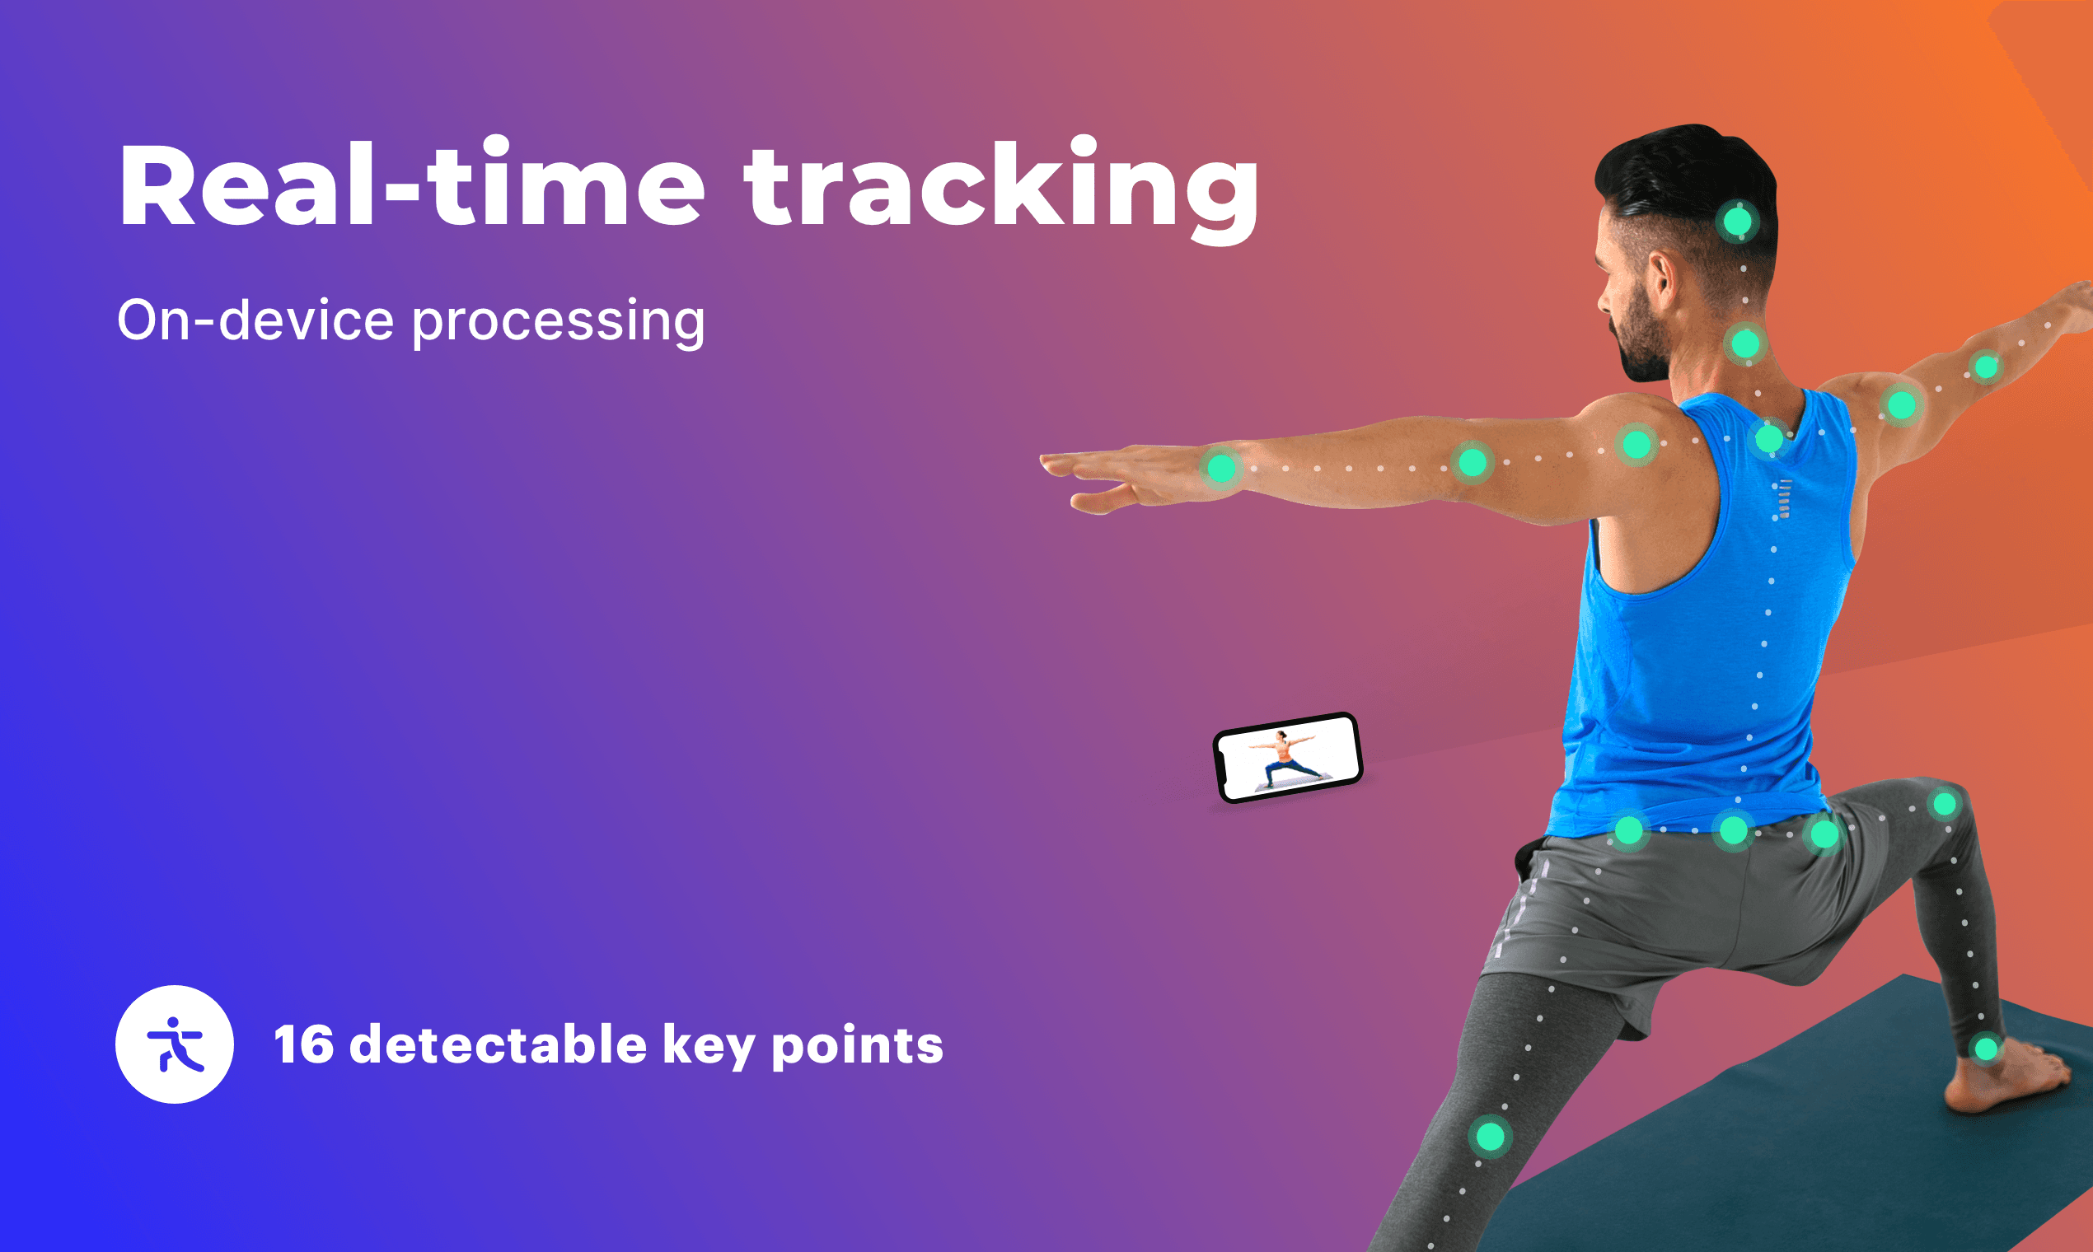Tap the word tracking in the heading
(1001, 189)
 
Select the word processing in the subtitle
(558, 322)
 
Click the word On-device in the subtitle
(255, 320)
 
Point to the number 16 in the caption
(304, 1044)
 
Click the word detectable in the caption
(498, 1044)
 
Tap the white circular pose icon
(175, 1044)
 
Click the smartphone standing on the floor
(1288, 758)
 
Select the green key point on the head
(1738, 222)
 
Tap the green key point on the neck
(1745, 344)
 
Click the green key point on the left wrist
(1221, 467)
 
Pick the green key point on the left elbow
(1473, 462)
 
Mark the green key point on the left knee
(1491, 1137)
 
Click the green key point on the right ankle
(1987, 1049)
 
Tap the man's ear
(1664, 282)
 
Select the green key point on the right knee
(1946, 804)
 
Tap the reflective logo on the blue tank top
(1784, 498)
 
